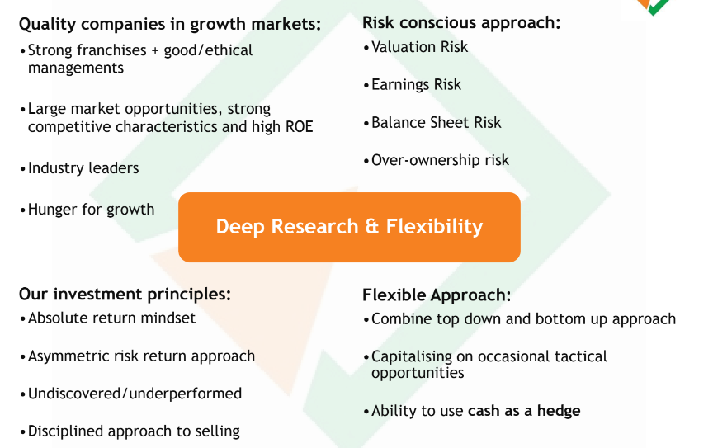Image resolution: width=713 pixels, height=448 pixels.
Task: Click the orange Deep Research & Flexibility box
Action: (x=349, y=227)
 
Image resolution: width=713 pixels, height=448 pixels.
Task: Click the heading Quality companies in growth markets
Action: (x=170, y=24)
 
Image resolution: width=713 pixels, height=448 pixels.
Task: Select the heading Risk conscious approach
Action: (x=461, y=23)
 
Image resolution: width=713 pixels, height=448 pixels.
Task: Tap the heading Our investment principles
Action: (x=125, y=295)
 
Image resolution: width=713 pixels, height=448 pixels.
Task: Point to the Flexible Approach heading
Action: (x=437, y=295)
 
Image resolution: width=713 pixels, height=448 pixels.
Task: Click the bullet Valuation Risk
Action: (x=419, y=47)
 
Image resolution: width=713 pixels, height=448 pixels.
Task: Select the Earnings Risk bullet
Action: (x=416, y=85)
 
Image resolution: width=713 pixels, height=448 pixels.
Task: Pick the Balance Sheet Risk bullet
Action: (x=436, y=122)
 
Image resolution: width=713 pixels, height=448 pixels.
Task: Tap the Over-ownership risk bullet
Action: (x=440, y=160)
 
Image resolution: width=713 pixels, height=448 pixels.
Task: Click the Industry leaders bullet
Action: (x=83, y=168)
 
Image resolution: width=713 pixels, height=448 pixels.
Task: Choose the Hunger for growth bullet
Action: (x=91, y=210)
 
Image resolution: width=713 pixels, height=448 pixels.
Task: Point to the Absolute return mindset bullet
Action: (x=112, y=318)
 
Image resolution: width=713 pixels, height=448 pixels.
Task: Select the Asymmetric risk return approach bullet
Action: (x=141, y=356)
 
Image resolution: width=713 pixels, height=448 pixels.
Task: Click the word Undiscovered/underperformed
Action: (x=135, y=394)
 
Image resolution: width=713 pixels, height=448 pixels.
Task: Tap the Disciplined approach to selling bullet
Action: (x=134, y=431)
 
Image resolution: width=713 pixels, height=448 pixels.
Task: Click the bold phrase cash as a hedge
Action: (x=524, y=411)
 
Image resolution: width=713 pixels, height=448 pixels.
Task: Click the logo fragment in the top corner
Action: (x=654, y=7)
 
